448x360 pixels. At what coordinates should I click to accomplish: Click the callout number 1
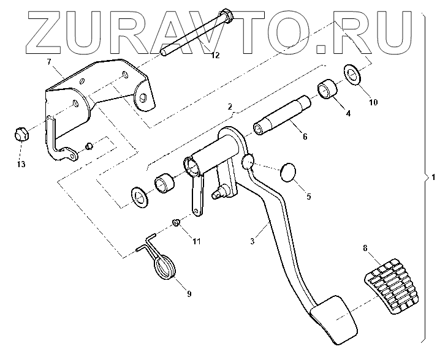click(433, 178)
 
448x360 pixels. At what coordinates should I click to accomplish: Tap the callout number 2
click(230, 107)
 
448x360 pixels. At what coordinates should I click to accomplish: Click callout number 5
click(308, 197)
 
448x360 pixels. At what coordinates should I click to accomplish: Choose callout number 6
click(305, 137)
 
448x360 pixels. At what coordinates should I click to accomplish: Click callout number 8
click(365, 249)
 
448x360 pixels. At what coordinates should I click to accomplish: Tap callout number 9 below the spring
click(189, 294)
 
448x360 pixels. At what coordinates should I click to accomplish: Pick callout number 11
click(197, 241)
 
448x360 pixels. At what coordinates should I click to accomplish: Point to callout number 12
click(215, 56)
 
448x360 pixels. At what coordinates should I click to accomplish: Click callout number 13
click(21, 163)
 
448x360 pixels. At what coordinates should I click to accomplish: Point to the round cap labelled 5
click(288, 172)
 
